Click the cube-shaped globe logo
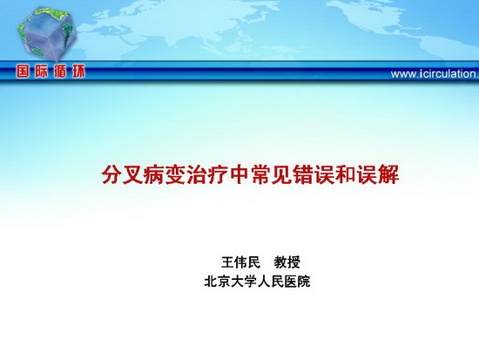pos(47,34)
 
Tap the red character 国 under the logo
pos(23,71)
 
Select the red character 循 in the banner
pos(59,71)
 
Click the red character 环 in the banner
pos(78,71)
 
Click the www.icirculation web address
pos(435,74)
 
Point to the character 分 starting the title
pos(111,175)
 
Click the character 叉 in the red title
pos(133,175)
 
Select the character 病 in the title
pos(154,175)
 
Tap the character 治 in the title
pos(197,175)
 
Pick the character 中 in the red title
pos(239,175)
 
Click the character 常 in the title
pos(261,175)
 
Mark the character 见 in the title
pos(282,175)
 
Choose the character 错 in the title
pos(303,175)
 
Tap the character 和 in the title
pos(346,175)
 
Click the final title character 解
pos(388,175)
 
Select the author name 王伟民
pos(240,262)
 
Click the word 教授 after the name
pos(287,262)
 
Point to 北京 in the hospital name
pos(217,282)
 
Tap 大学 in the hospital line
pos(244,282)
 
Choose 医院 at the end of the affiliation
pos(297,282)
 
